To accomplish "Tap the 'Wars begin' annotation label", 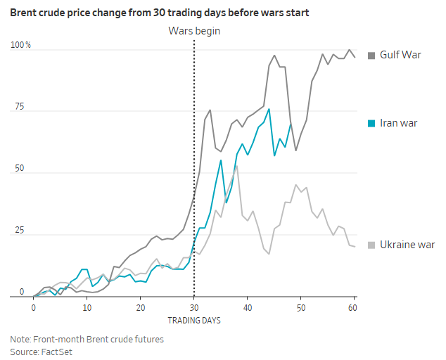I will tap(193, 31).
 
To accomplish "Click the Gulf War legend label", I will tap(400, 54).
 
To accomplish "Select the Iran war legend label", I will tap(399, 123).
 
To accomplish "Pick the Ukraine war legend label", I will tap(407, 245).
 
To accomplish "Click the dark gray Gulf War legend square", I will tap(372, 55).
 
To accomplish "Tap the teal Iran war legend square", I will tap(372, 124).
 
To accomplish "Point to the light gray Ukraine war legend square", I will tap(372, 245).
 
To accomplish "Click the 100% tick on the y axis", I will tap(20, 46).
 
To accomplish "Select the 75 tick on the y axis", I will tap(19, 107).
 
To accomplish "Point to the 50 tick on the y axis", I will tap(19, 169).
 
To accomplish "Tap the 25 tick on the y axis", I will tap(19, 231).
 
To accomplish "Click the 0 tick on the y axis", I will tap(22, 292).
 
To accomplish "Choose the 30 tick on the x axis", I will tap(194, 308).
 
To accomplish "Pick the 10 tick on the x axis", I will tap(87, 308).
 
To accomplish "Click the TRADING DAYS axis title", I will tap(193, 321).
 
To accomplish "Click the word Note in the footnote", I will tap(20, 339).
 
